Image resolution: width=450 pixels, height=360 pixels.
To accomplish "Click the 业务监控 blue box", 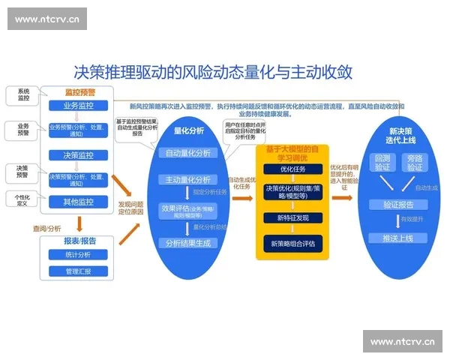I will point(78,106).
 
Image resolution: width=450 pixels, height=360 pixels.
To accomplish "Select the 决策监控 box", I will point(78,154).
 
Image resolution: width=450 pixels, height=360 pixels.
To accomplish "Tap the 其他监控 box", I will point(78,202).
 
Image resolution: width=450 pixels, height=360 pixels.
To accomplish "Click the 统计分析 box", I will point(78,256).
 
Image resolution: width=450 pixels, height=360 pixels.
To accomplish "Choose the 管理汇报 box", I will point(78,271).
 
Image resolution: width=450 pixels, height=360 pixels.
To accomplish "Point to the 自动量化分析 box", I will point(189,153).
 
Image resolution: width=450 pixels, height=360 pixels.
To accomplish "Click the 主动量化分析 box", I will point(189,180).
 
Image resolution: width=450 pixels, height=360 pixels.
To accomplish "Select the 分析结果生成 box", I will point(189,243).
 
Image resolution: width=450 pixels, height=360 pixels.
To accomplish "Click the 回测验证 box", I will point(382,162).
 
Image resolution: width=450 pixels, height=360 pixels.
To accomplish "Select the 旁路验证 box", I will point(415,162).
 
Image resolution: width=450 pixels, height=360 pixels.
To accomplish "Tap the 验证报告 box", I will point(398,204).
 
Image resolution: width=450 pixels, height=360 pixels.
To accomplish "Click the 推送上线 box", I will point(398,238).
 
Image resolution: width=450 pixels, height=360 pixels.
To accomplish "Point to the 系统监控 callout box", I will point(23,94).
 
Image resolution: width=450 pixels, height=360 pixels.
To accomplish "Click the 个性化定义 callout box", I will point(22,199).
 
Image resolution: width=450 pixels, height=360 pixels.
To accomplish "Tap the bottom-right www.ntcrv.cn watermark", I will point(403,341).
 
